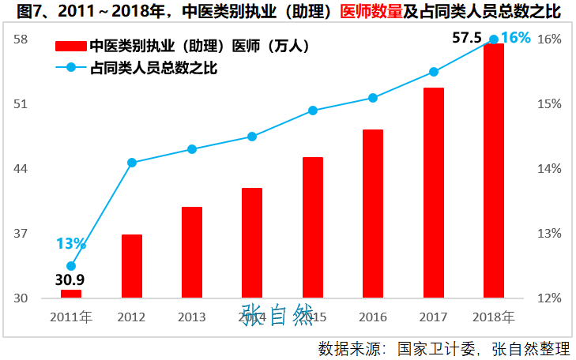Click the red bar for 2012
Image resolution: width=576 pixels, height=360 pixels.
pos(132,266)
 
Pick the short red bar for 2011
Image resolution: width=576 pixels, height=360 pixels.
pos(71,294)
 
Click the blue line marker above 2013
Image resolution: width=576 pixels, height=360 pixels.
pos(192,149)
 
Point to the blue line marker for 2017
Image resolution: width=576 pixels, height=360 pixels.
pos(434,72)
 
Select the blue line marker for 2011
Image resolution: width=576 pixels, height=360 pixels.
pos(71,266)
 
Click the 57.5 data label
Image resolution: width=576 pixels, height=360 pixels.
pos(467,37)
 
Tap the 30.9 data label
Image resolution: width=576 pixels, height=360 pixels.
pos(70,279)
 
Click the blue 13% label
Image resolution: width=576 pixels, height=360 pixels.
pos(70,244)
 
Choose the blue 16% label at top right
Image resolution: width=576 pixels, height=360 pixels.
pos(515,37)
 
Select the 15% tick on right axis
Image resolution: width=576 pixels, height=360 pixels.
pos(550,103)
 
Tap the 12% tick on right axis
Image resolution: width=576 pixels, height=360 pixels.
pos(550,298)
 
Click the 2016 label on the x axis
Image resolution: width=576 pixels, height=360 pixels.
pos(373,317)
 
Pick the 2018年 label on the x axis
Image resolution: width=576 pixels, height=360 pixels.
pos(494,317)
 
